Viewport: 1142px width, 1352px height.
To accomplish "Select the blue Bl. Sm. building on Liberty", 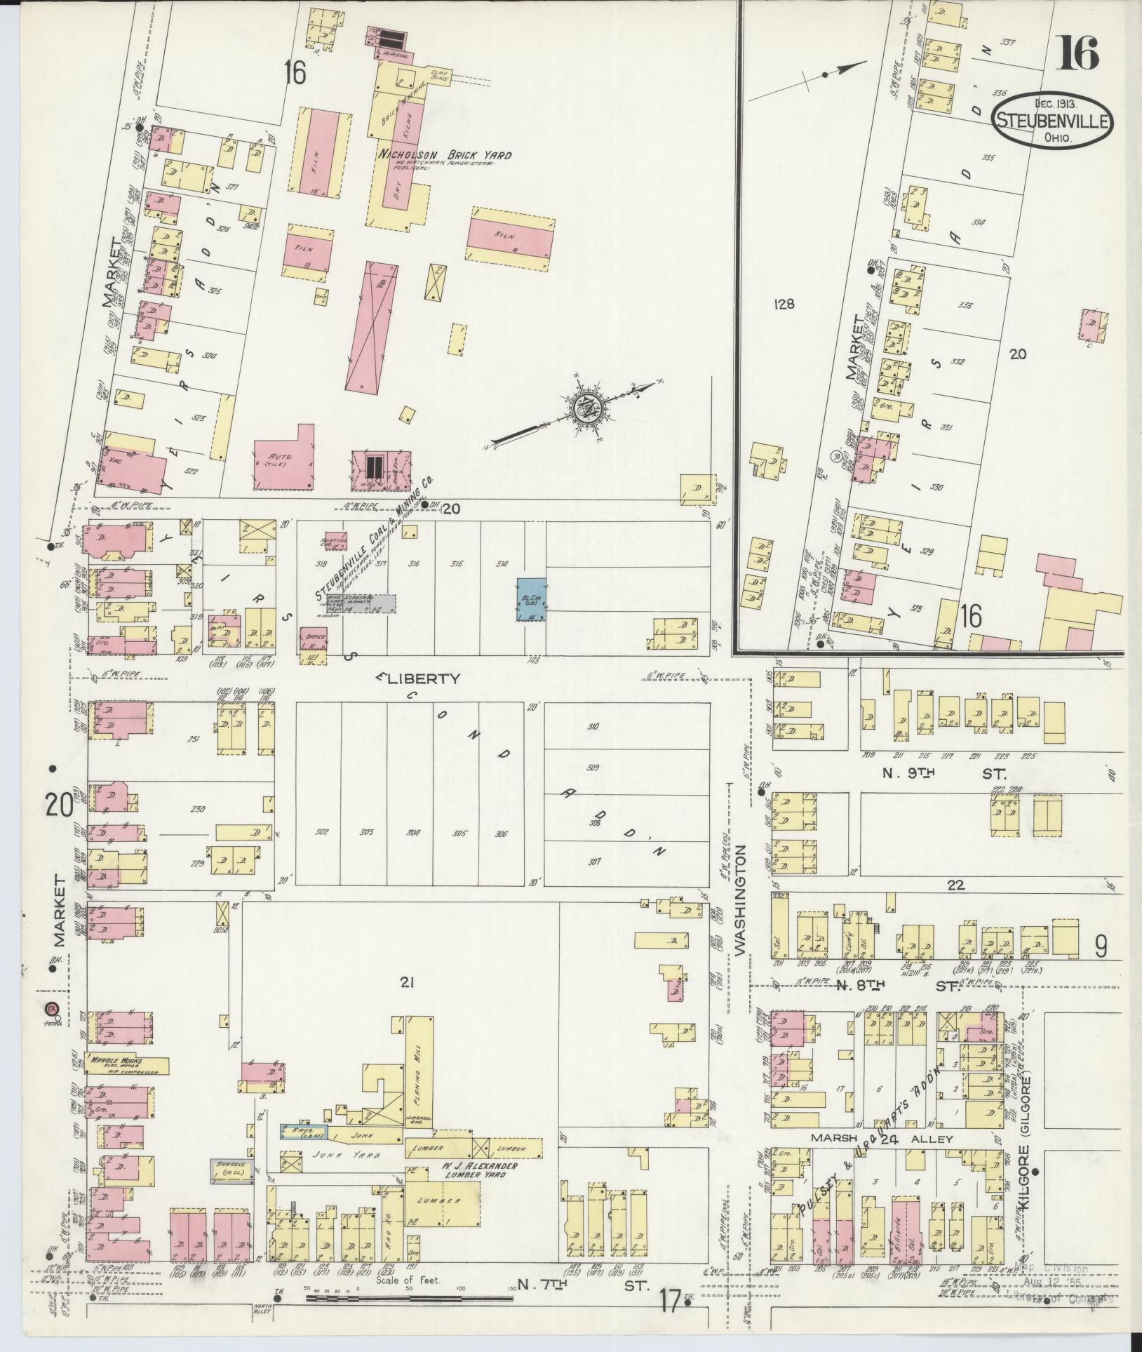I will (530, 599).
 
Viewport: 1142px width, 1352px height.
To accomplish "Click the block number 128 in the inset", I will (783, 304).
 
